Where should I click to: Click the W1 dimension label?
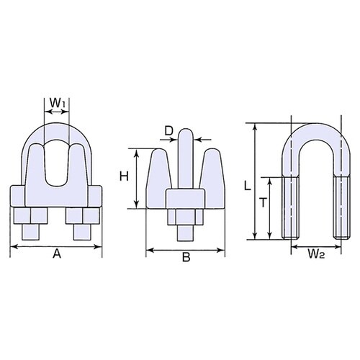click(57, 104)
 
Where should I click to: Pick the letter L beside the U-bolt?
click(247, 186)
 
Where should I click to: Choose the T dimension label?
click(264, 204)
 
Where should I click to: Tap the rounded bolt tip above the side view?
click(186, 137)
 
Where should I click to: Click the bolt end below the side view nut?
click(186, 235)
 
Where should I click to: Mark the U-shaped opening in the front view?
click(56, 158)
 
